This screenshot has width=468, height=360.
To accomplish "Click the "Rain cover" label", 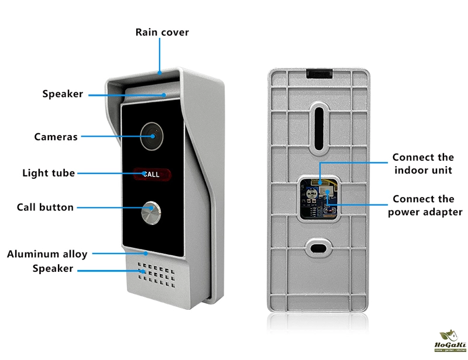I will (x=162, y=32).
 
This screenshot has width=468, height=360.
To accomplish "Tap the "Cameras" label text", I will (x=56, y=137).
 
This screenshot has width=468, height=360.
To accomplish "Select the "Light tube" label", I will (x=49, y=173).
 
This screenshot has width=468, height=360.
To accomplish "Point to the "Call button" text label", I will (x=45, y=207).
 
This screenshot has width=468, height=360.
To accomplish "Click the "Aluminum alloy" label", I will (x=47, y=254).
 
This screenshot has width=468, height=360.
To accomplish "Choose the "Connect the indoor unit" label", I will (x=422, y=164).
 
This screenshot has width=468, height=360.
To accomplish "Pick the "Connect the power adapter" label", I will (x=425, y=205).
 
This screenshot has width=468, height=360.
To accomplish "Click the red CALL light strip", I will (x=152, y=174).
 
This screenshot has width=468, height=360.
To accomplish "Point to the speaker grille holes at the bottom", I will (x=154, y=274).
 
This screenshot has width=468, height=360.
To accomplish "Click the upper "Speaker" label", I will (x=63, y=94).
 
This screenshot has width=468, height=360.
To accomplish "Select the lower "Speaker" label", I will (x=53, y=269).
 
